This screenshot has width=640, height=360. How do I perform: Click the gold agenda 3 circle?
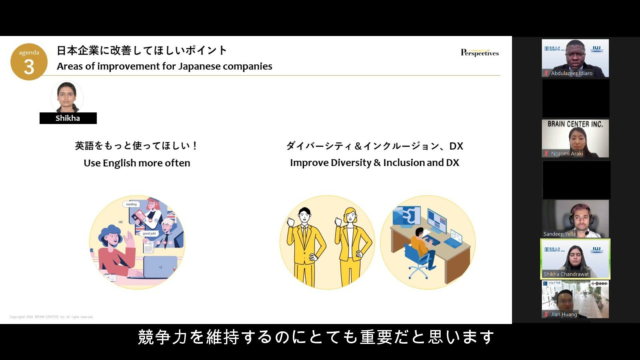[x=29, y=62]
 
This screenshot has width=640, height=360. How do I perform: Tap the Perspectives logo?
[x=480, y=53]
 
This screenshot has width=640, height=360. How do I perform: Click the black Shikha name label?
[x=68, y=118]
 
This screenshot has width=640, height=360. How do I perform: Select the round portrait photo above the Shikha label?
[x=67, y=97]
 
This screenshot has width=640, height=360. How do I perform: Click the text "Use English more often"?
[x=137, y=163]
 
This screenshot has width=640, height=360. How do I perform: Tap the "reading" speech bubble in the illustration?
[x=131, y=204]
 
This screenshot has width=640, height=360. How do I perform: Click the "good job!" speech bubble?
[x=149, y=234]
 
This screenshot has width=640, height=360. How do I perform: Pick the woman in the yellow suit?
[x=351, y=247]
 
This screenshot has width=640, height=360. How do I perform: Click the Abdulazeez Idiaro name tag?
[x=571, y=73]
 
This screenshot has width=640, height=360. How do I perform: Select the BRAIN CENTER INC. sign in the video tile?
[x=575, y=124]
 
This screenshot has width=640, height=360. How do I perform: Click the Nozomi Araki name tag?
[x=567, y=154]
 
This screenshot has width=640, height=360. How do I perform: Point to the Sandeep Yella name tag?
[x=559, y=234]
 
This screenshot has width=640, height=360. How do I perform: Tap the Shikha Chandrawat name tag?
[x=566, y=274]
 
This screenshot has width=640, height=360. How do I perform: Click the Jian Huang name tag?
[x=564, y=314]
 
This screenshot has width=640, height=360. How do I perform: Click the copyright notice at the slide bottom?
[x=51, y=317]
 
